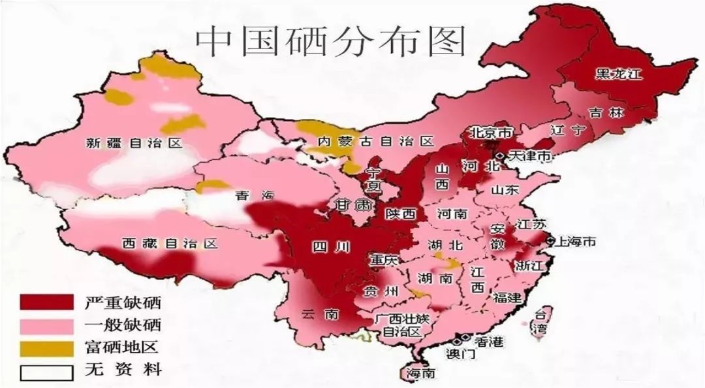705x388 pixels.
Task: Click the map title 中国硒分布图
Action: click(331, 40)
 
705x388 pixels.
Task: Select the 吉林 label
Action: click(605, 112)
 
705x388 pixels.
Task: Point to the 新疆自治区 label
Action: click(134, 143)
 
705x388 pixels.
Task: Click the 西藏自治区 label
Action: click(169, 244)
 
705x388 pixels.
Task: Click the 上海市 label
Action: click(574, 242)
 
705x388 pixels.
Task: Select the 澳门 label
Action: click(461, 355)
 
